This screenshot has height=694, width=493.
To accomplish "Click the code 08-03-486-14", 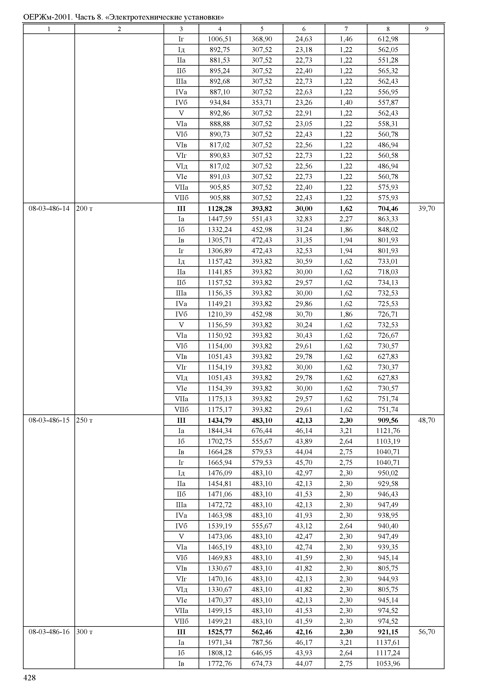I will (x=49, y=209).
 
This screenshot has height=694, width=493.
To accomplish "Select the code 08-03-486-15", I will (x=49, y=420).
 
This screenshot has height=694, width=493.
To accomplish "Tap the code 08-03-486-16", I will (x=49, y=632).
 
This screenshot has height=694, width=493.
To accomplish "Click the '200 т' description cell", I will (x=84, y=209).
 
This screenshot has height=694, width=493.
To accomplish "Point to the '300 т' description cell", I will (x=84, y=632).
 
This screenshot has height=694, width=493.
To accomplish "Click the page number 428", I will (x=30, y=678).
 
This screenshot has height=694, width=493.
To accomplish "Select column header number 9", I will (x=426, y=29).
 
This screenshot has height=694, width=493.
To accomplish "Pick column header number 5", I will (x=262, y=29).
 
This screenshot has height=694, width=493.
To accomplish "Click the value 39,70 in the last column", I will (x=426, y=209).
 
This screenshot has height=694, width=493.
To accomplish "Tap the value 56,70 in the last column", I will (x=426, y=632).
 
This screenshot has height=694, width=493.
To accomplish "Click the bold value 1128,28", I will (x=220, y=209).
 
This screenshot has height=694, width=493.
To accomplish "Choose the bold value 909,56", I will (x=388, y=420).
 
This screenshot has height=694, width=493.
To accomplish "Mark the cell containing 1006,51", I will (x=220, y=39).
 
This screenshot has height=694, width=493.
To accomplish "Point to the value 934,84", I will (x=220, y=102).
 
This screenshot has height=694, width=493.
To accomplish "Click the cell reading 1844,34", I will (x=220, y=431).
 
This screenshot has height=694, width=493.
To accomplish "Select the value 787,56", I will (x=262, y=642).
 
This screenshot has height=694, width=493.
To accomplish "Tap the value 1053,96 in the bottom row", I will (x=388, y=664).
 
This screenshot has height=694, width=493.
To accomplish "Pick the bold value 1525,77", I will (x=220, y=632).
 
